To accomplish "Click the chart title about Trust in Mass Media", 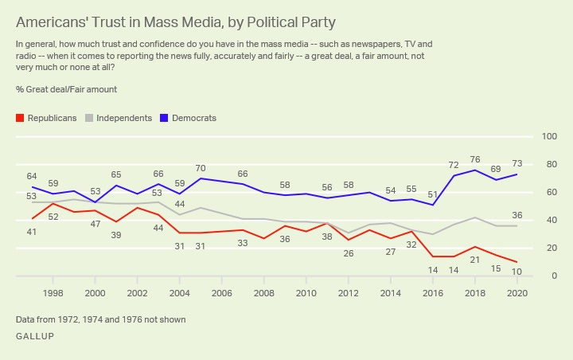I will (x=175, y=22).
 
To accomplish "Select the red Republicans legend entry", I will (x=46, y=118).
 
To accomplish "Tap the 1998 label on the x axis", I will (x=53, y=293).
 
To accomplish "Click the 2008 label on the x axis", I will (x=263, y=293).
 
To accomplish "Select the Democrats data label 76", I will (x=475, y=158).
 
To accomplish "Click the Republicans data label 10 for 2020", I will (x=516, y=272).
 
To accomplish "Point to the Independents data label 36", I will (x=516, y=215).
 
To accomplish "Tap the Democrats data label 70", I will (x=201, y=168).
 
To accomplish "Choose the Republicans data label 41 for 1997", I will (x=32, y=231).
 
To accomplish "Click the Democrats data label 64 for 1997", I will (x=32, y=176).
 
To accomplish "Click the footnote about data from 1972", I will (x=100, y=319).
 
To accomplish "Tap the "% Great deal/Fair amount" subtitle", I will (x=66, y=90).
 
